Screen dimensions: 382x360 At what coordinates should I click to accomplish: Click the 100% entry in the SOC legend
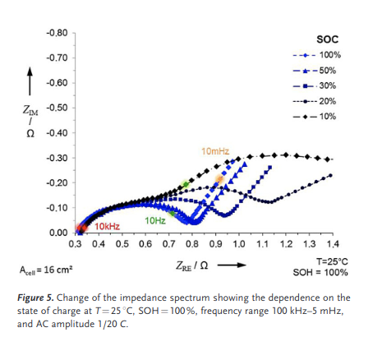[x=317, y=55]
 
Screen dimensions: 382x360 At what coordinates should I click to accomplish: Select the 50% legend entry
[x=315, y=71]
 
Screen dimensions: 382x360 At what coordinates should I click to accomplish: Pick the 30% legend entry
[x=315, y=86]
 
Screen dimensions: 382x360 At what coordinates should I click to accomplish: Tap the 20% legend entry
[x=315, y=101]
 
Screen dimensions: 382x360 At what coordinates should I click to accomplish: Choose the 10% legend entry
[x=315, y=117]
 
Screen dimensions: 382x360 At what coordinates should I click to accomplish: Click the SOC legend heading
[x=328, y=39]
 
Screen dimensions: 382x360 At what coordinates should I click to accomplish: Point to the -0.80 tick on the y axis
[x=57, y=33]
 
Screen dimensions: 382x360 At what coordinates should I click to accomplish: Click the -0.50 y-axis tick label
[x=57, y=108]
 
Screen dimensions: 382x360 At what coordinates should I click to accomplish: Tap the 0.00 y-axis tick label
[x=58, y=233]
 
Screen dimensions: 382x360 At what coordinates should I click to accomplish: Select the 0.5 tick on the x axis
[x=122, y=244]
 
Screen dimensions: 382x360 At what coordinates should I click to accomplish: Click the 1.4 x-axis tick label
[x=333, y=244]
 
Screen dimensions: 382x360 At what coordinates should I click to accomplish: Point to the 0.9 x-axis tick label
[x=215, y=244]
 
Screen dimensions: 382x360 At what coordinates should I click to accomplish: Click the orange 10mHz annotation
[x=215, y=151]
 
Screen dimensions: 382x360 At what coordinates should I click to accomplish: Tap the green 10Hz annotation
[x=155, y=220]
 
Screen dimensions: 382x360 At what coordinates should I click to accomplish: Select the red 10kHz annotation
[x=108, y=226]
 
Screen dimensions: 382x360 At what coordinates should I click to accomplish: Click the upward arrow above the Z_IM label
[x=30, y=81]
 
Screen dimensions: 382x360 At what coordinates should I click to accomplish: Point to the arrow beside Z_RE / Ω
[x=232, y=265]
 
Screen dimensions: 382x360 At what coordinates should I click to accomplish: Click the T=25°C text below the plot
[x=332, y=261]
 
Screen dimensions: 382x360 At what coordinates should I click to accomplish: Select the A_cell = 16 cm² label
[x=46, y=270]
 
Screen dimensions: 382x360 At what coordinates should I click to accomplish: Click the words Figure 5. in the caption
[x=35, y=298]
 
